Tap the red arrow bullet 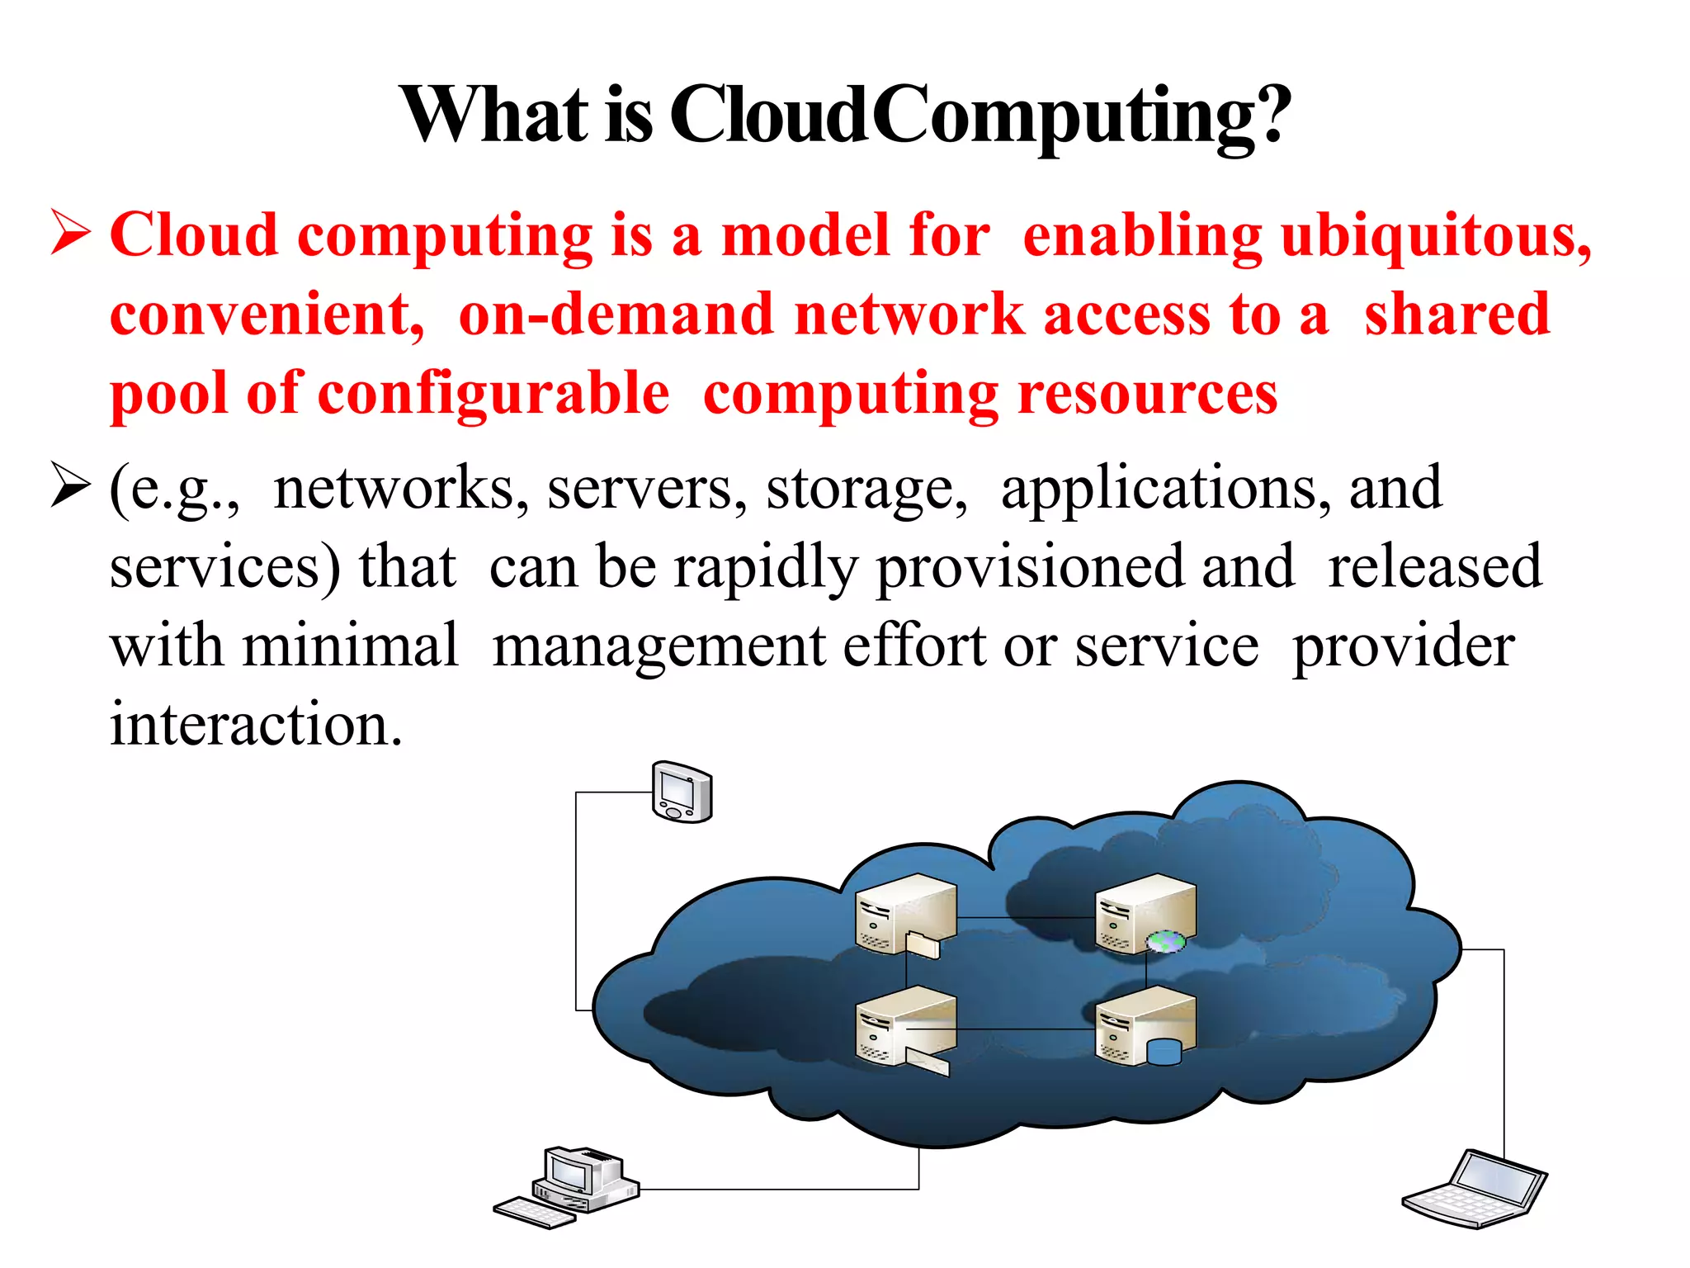pyautogui.click(x=71, y=234)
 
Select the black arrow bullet pyautogui.click(x=71, y=485)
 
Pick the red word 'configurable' pyautogui.click(x=493, y=394)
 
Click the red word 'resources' pyautogui.click(x=1148, y=394)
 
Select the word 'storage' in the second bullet pyautogui.click(x=866, y=489)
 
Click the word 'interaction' pyautogui.click(x=256, y=724)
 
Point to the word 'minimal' pyautogui.click(x=351, y=646)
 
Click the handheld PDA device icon pyautogui.click(x=682, y=792)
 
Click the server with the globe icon pyautogui.click(x=1145, y=915)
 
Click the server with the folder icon pyautogui.click(x=906, y=915)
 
